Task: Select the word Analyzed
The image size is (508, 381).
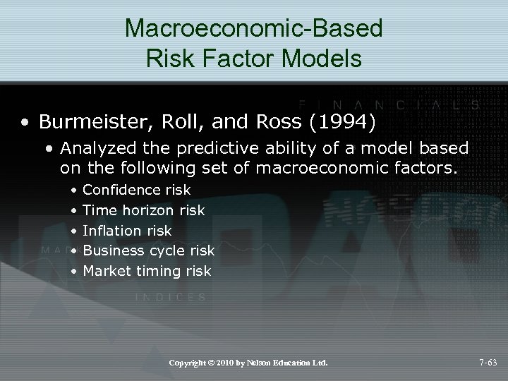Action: pos(92,149)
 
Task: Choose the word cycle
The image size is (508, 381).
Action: pos(167,250)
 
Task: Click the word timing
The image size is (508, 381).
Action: pos(155,271)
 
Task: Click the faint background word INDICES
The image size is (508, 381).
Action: pos(170,297)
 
